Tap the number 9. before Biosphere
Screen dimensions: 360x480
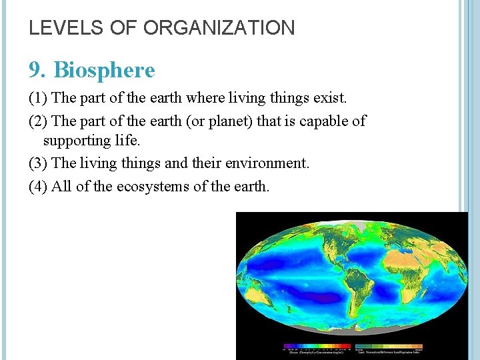pyautogui.click(x=37, y=70)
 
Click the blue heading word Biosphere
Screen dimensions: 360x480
pyautogui.click(x=104, y=70)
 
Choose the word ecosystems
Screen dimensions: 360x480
pyautogui.click(x=153, y=186)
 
